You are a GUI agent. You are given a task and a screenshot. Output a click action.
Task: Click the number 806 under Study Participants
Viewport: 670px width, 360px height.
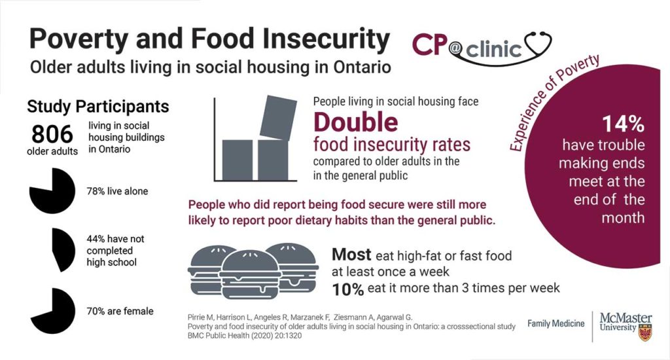click(x=52, y=134)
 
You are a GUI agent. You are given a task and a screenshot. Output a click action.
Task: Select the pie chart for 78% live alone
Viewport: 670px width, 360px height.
click(x=52, y=190)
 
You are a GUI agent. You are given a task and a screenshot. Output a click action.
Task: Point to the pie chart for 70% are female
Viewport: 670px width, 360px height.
click(x=52, y=310)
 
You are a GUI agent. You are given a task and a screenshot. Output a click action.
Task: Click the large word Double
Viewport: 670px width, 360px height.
click(x=355, y=122)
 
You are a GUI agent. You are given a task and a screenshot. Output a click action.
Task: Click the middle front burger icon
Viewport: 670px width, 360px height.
click(x=251, y=274)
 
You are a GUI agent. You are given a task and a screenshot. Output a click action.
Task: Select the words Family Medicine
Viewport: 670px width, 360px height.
click(x=556, y=324)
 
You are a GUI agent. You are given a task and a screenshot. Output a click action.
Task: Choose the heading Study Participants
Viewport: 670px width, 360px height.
click(x=98, y=107)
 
